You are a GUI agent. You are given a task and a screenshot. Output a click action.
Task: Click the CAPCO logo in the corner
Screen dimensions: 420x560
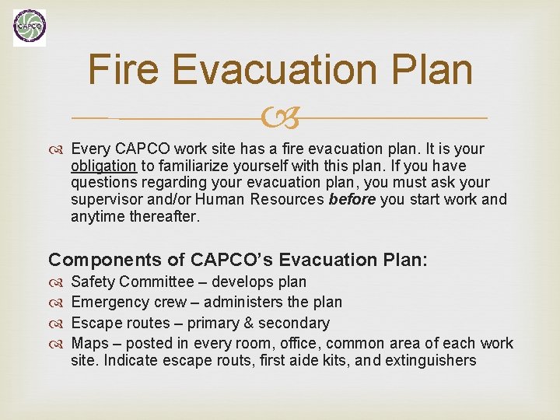pyautogui.click(x=30, y=28)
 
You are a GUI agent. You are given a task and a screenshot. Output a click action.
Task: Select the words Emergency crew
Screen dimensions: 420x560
pyautogui.click(x=129, y=302)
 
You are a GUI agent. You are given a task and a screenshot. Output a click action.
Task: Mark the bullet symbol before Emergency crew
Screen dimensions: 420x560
pyautogui.click(x=57, y=303)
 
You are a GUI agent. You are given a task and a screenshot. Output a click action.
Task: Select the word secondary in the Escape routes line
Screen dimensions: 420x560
pyautogui.click(x=294, y=323)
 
